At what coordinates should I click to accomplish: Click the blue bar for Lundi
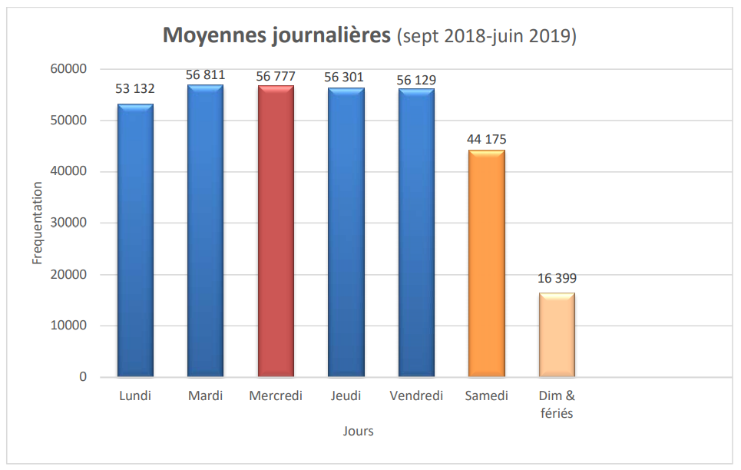pyautogui.click(x=135, y=240)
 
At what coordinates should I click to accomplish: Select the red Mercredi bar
pyautogui.click(x=276, y=231)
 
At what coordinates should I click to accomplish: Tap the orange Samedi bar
pyautogui.click(x=487, y=263)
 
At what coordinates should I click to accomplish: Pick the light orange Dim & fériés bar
pyautogui.click(x=557, y=335)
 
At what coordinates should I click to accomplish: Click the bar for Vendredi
pyautogui.click(x=416, y=233)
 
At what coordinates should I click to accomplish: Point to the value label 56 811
pyautogui.click(x=205, y=75)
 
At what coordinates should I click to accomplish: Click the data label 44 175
pyautogui.click(x=487, y=140)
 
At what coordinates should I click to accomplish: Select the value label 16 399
pyautogui.click(x=557, y=279)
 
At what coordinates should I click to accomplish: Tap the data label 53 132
pyautogui.click(x=135, y=89)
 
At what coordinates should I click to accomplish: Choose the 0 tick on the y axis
pyautogui.click(x=82, y=377)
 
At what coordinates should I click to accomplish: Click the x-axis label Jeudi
pyautogui.click(x=346, y=396)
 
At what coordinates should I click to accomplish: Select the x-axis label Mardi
pyautogui.click(x=205, y=396)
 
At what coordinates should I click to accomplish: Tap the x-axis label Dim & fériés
pyautogui.click(x=557, y=405)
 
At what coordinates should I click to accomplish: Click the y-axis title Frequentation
pyautogui.click(x=37, y=223)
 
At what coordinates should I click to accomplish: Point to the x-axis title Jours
pyautogui.click(x=358, y=432)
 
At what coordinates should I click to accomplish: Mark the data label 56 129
pyautogui.click(x=416, y=80)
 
